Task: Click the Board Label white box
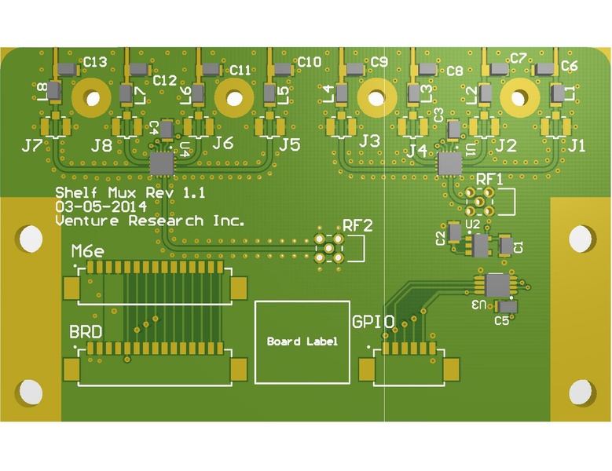302,341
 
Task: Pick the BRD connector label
86,332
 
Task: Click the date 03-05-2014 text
101,206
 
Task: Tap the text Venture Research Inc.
149,221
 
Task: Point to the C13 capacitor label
96,61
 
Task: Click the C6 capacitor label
570,66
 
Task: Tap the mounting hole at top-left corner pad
31,239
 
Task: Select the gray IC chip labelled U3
497,284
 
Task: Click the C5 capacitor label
501,320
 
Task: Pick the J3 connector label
369,141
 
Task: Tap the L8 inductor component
53,91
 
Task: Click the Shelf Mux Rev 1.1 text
130,192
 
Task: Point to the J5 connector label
290,144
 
